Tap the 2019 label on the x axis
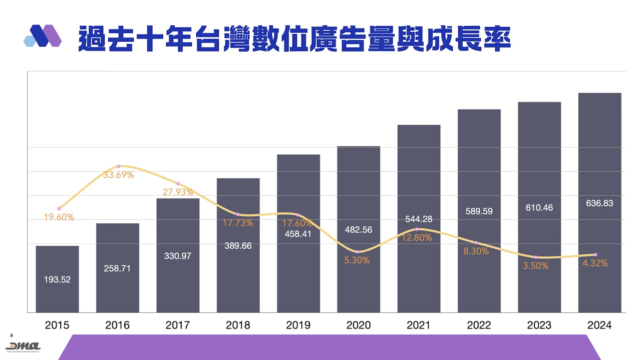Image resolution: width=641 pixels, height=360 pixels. coord(298,325)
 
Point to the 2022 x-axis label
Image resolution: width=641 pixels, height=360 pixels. coord(479,325)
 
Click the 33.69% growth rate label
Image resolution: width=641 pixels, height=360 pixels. coord(119,175)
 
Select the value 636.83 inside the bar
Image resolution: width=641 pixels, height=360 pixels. coord(599,204)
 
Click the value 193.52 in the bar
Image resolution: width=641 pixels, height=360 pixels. coord(57,280)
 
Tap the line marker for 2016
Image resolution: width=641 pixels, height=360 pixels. coord(119,166)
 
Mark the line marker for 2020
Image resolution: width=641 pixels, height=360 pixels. coord(357,251)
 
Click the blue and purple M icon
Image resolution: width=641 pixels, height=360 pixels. coord(43,36)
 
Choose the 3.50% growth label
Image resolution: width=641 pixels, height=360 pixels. coord(535,266)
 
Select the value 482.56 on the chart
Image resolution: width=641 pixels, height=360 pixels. coord(359,230)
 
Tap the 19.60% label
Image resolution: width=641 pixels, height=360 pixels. coord(59,217)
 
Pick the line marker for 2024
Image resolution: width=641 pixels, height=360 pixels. coord(595,255)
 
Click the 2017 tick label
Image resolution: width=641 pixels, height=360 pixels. coord(178,325)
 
